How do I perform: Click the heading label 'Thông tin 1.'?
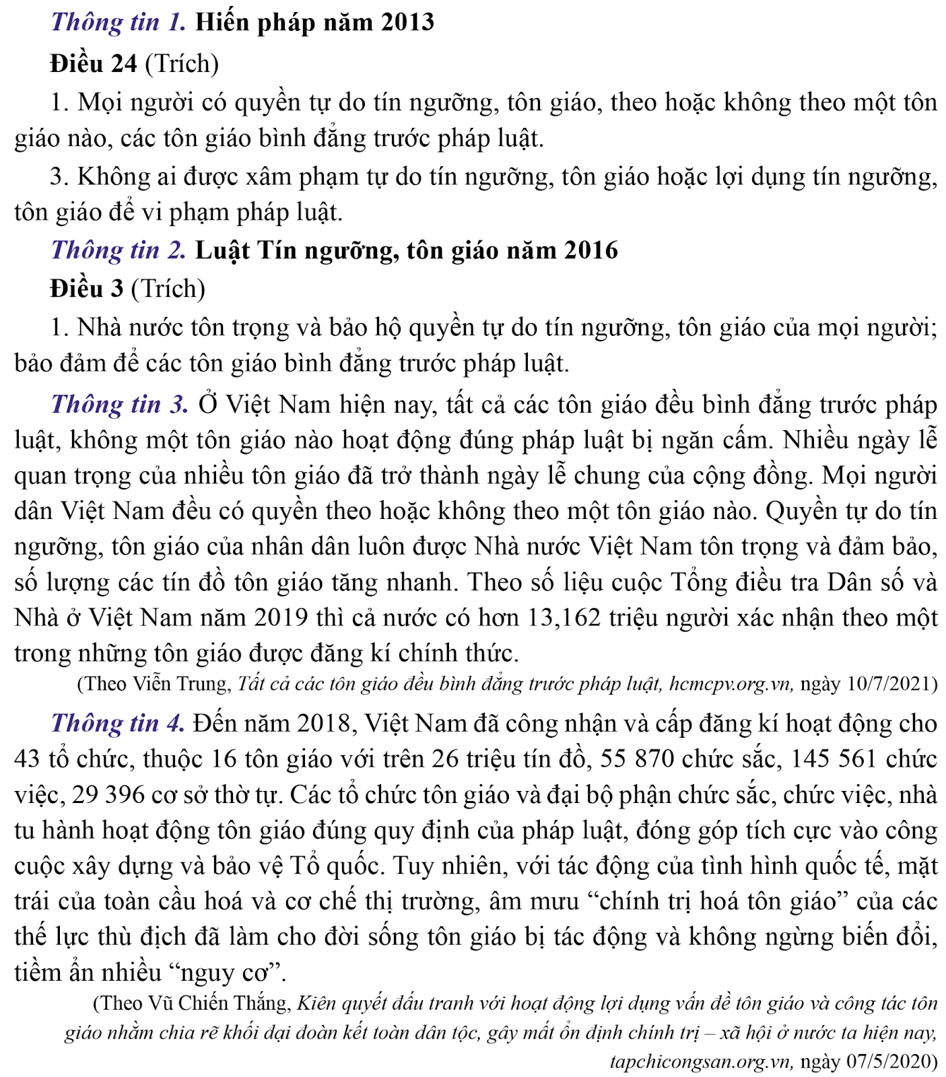[119, 22]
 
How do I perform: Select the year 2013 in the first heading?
[407, 22]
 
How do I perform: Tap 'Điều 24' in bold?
[94, 64]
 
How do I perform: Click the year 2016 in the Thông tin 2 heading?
[590, 250]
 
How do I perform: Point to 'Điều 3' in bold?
[87, 289]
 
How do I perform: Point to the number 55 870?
[637, 759]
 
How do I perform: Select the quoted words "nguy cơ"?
[230, 973]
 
